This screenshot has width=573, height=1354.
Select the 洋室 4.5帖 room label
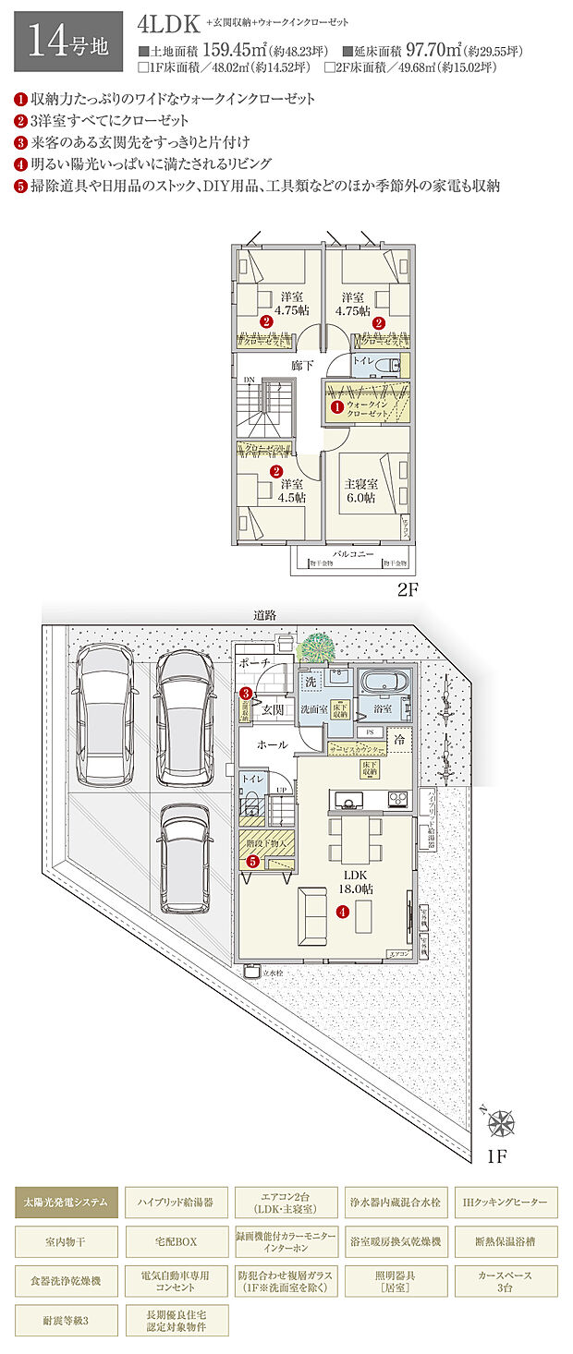coord(292,490)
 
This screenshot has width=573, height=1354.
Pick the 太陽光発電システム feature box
coord(67,1203)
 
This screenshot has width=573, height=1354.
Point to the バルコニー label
coord(353,553)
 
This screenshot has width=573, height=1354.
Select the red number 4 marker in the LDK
coord(342,912)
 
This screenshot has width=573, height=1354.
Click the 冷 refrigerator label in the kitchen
coord(399,740)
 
